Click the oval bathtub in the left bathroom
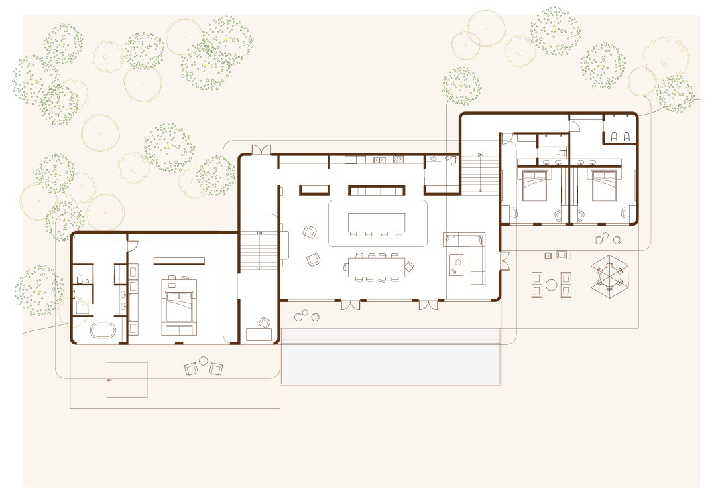pyautogui.click(x=103, y=330)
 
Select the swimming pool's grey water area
pyautogui.click(x=390, y=364)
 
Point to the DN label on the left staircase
pyautogui.click(x=259, y=233)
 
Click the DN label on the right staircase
pyautogui.click(x=481, y=155)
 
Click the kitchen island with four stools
pyautogui.click(x=377, y=224)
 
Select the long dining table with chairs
pyautogui.click(x=377, y=267)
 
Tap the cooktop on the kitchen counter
pyautogui.click(x=398, y=160)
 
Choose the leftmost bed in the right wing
pyautogui.click(x=534, y=185)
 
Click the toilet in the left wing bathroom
pyautogui.click(x=80, y=279)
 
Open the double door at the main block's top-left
pyautogui.click(x=261, y=149)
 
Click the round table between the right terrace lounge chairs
pyautogui.click(x=552, y=285)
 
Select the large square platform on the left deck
pyautogui.click(x=127, y=380)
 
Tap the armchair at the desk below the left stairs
pyautogui.click(x=265, y=323)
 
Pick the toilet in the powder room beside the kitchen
pyautogui.click(x=453, y=161)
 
